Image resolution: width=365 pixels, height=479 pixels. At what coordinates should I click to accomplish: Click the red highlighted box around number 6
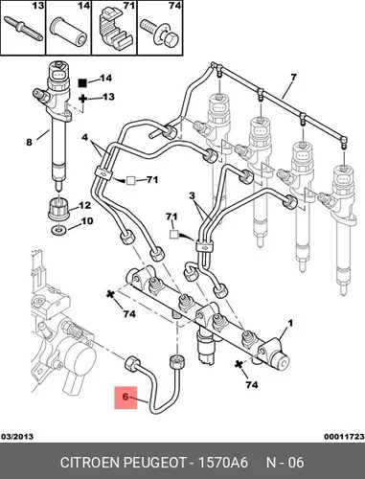[125, 398]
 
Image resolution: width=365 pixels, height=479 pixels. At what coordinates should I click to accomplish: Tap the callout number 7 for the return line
[293, 78]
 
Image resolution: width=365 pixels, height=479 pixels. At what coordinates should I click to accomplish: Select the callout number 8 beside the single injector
[29, 142]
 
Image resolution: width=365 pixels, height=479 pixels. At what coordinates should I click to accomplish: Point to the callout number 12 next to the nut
[84, 205]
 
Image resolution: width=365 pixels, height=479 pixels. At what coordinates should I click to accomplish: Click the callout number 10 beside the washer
[86, 221]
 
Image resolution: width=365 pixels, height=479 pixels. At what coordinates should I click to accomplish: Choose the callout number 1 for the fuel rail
[290, 324]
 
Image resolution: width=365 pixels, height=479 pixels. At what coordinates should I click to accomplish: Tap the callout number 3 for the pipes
[192, 195]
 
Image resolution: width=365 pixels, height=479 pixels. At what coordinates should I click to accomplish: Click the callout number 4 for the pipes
[84, 137]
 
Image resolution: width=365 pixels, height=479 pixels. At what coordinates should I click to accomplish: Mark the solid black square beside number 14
[82, 82]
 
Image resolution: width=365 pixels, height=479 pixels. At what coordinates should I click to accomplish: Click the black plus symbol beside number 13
[82, 98]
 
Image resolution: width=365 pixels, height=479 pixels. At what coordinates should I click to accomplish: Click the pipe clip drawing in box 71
[114, 28]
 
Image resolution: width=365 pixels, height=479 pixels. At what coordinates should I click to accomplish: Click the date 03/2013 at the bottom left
[17, 437]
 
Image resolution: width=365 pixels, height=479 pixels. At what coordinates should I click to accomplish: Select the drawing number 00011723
[344, 437]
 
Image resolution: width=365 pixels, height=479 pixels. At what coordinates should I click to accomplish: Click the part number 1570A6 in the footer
[223, 463]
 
